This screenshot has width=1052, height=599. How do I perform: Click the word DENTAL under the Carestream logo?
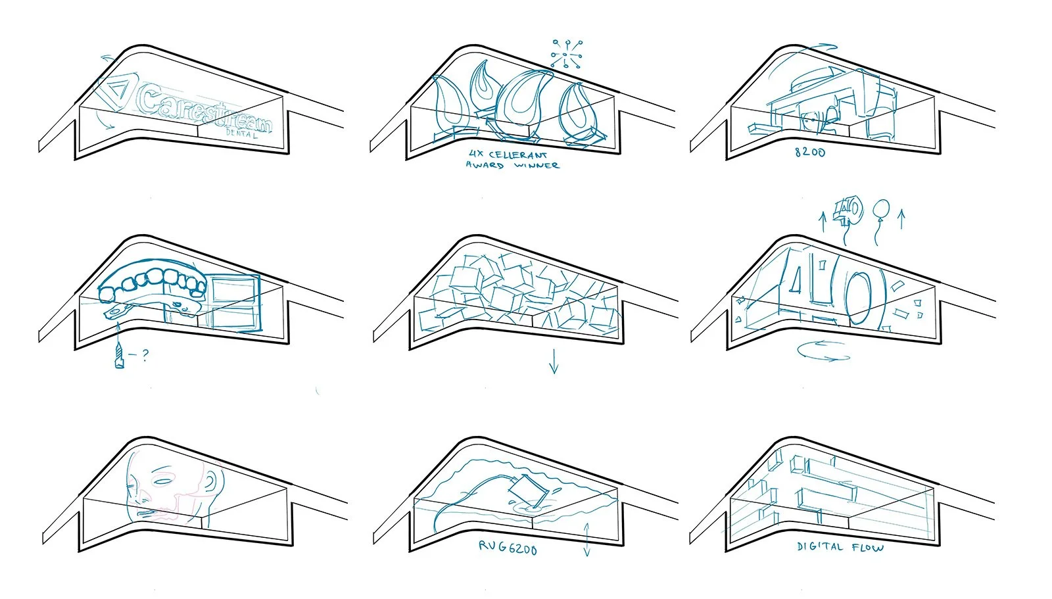[x=241, y=133]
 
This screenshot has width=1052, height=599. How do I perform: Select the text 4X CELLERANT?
[x=507, y=155]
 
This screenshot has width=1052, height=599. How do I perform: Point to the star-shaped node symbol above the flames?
[x=566, y=54]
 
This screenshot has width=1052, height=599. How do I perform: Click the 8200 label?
[x=809, y=152]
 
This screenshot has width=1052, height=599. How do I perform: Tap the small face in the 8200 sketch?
[x=811, y=120]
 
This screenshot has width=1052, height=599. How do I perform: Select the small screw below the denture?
[x=119, y=356]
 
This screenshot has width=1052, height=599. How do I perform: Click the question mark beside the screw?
[x=145, y=355]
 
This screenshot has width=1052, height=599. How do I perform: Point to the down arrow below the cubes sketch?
[x=554, y=361]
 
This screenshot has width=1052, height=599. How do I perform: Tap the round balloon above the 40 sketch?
[x=882, y=211]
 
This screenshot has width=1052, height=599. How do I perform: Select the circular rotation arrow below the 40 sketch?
[x=823, y=351]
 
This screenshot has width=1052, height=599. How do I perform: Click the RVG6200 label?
[x=507, y=547]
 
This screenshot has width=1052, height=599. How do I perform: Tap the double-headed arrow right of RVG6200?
[x=587, y=539]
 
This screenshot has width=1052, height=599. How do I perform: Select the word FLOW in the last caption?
[x=867, y=547]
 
